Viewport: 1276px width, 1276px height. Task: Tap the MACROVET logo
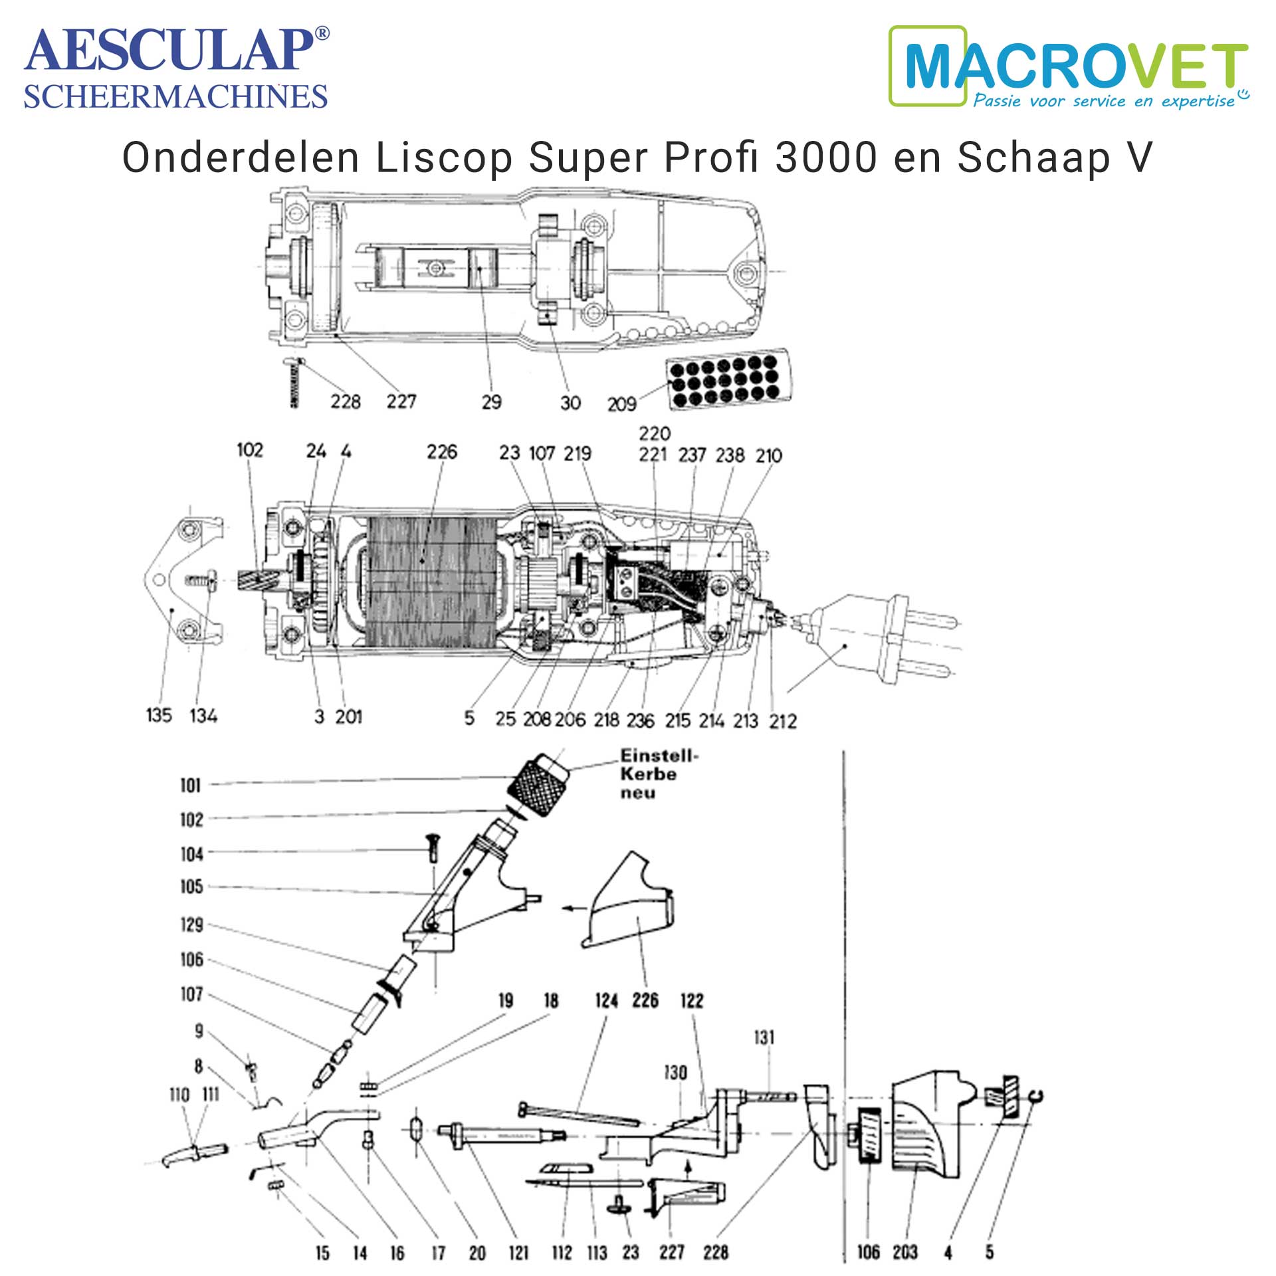tap(1069, 67)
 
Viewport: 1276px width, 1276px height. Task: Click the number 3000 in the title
tap(826, 158)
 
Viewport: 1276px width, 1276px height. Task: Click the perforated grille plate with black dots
tap(729, 379)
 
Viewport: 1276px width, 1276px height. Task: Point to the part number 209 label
tap(621, 404)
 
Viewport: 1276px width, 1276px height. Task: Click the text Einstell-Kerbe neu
tap(658, 774)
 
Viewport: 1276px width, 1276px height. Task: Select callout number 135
tap(159, 716)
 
